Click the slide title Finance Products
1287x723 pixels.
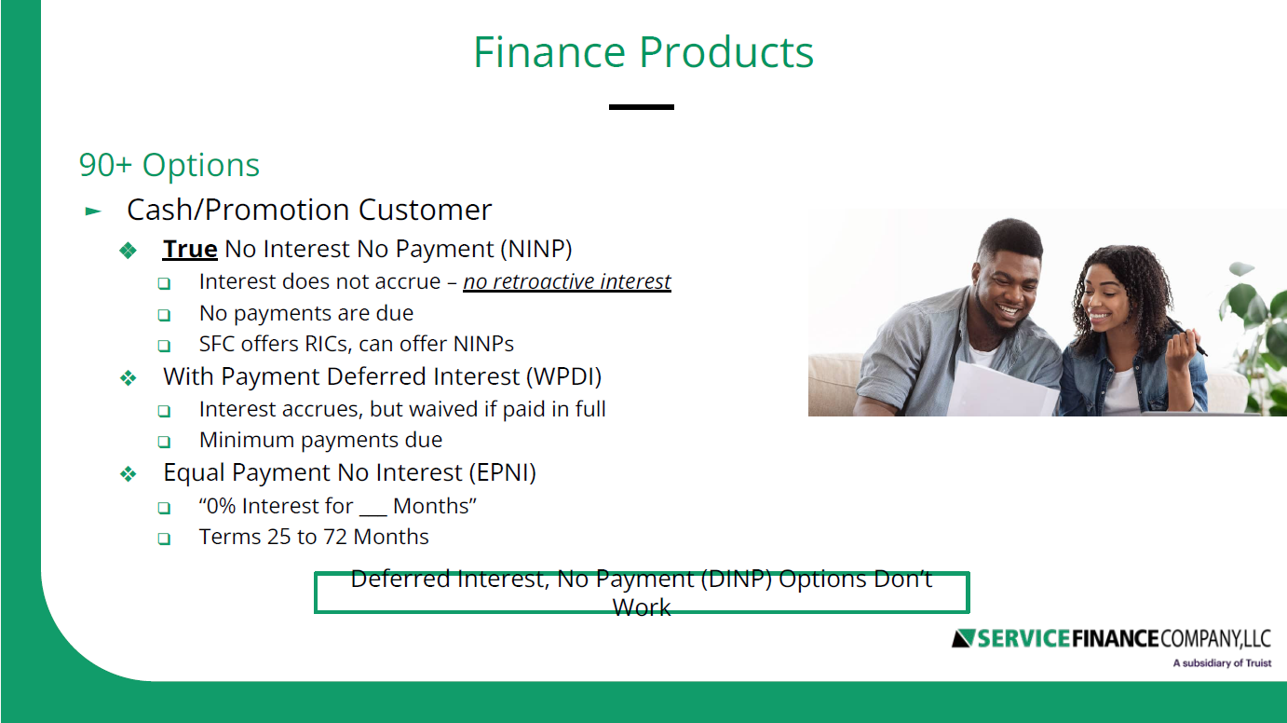click(643, 52)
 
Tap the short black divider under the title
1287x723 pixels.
click(641, 107)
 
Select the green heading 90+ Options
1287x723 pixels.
click(169, 165)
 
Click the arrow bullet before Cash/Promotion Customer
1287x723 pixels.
click(93, 211)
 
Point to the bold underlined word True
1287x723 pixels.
click(190, 250)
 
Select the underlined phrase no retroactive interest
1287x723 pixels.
click(567, 281)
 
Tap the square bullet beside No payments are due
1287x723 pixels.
click(164, 315)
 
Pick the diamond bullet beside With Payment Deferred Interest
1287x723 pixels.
click(129, 378)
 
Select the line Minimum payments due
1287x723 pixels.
click(320, 440)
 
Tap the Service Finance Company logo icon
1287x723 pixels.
click(963, 638)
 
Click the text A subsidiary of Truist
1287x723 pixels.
click(1222, 663)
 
